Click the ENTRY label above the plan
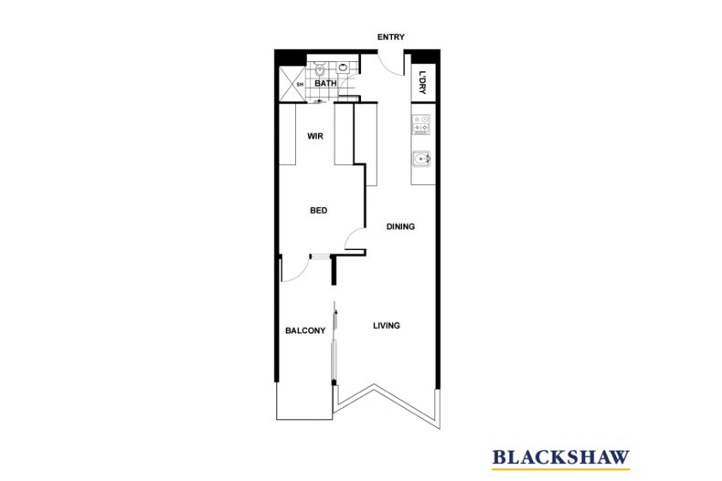point(390,37)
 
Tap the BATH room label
point(325,84)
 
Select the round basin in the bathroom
point(343,68)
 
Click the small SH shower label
point(300,85)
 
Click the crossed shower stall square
point(292,83)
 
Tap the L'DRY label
point(422,83)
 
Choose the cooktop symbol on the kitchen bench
point(420,124)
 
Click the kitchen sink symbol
point(421,159)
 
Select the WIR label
point(315,136)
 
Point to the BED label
point(319,211)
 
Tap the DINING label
point(400,226)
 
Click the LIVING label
point(387,326)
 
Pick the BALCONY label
point(305,330)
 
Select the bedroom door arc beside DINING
point(351,234)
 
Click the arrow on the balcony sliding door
point(336,312)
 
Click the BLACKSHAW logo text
point(560,457)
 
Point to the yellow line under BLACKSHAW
point(560,468)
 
